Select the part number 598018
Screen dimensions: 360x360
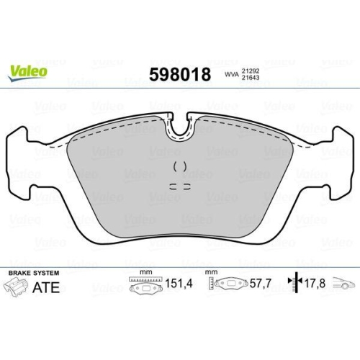[179, 74]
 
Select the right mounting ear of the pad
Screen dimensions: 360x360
[339, 162]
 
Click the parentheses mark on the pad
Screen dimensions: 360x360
[181, 166]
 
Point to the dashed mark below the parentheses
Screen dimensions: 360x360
[181, 184]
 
